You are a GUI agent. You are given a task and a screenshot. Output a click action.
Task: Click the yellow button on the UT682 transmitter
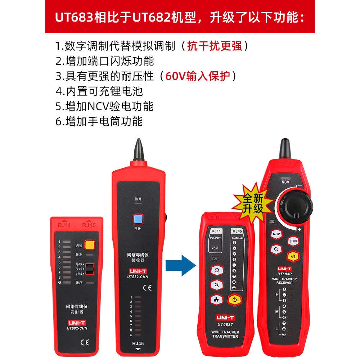pyautogui.click(x=89, y=245)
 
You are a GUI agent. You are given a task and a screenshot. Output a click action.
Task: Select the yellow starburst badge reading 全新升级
pyautogui.click(x=253, y=203)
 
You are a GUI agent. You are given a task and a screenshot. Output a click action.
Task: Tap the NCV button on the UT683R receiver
pyautogui.click(x=276, y=234)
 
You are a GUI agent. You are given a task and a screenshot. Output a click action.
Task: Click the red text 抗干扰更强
pyautogui.click(x=215, y=46)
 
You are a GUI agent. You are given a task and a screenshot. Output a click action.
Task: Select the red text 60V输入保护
pyautogui.click(x=197, y=76)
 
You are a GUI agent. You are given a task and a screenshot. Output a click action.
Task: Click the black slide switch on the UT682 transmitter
pyautogui.click(x=91, y=269)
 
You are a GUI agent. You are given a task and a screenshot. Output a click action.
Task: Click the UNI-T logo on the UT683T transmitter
pyautogui.click(x=225, y=318)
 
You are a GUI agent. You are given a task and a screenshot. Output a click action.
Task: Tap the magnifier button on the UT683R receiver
pyautogui.click(x=276, y=249)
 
